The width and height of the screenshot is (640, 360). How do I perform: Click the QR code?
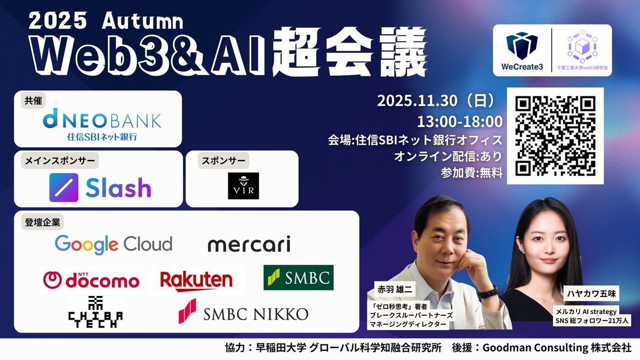coord(555,136)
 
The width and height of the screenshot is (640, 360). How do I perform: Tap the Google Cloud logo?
coord(113,244)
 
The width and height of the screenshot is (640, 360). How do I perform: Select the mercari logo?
coord(249,245)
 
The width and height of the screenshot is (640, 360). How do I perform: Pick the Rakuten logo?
coord(197,280)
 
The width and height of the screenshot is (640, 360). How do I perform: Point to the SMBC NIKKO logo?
coord(243,313)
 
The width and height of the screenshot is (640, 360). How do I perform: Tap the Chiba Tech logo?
coord(95,309)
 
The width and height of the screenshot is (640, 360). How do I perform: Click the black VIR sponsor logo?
coord(243,186)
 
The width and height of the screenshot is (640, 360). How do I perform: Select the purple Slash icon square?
coord(63,187)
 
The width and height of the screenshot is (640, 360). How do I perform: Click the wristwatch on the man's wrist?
coord(487,291)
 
